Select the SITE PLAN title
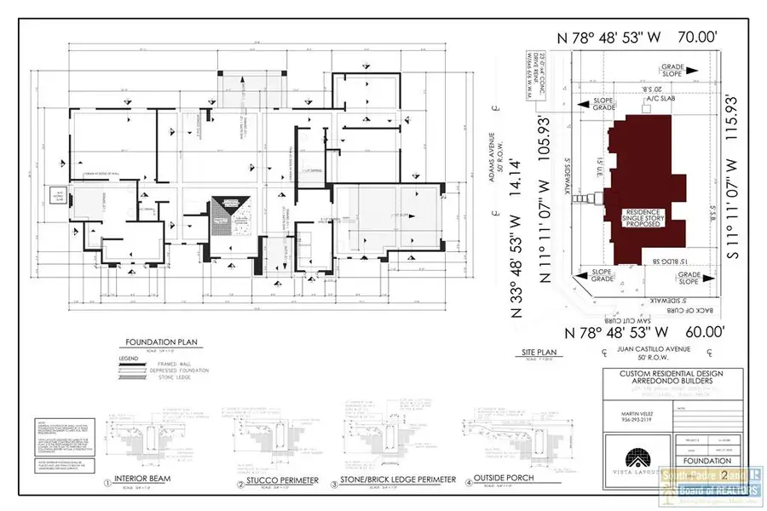(x=539, y=351)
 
